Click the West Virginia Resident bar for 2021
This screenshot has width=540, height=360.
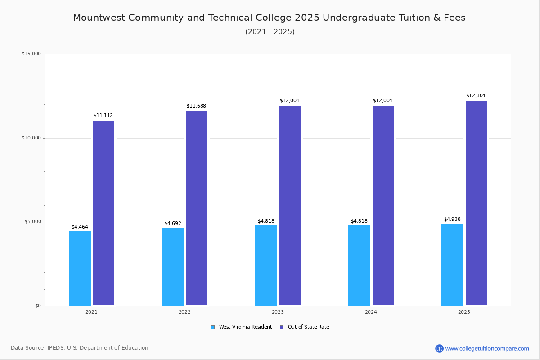pos(80,268)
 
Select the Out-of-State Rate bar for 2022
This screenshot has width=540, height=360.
pos(197,208)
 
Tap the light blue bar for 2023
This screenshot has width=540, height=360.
pos(266,265)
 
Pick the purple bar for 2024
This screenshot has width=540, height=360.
pos(383,205)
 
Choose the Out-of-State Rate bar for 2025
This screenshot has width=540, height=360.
pos(476,203)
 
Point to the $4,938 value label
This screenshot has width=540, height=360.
pos(452,220)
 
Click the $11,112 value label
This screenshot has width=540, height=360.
pos(103,116)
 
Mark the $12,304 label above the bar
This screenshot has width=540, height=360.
pos(476,96)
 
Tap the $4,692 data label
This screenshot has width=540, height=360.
pos(173,224)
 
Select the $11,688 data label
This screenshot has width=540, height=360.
pos(196,106)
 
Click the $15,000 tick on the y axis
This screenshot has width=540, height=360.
pos(31,54)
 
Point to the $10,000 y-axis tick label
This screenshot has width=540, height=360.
pos(31,138)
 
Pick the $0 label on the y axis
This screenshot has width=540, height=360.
pos(37,306)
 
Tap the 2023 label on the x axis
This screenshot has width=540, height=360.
pos(278,312)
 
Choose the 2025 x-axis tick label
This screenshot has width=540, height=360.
pos(464,312)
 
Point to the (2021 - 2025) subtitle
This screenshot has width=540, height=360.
pos(270,32)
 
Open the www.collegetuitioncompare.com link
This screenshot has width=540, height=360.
pos(487,348)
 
